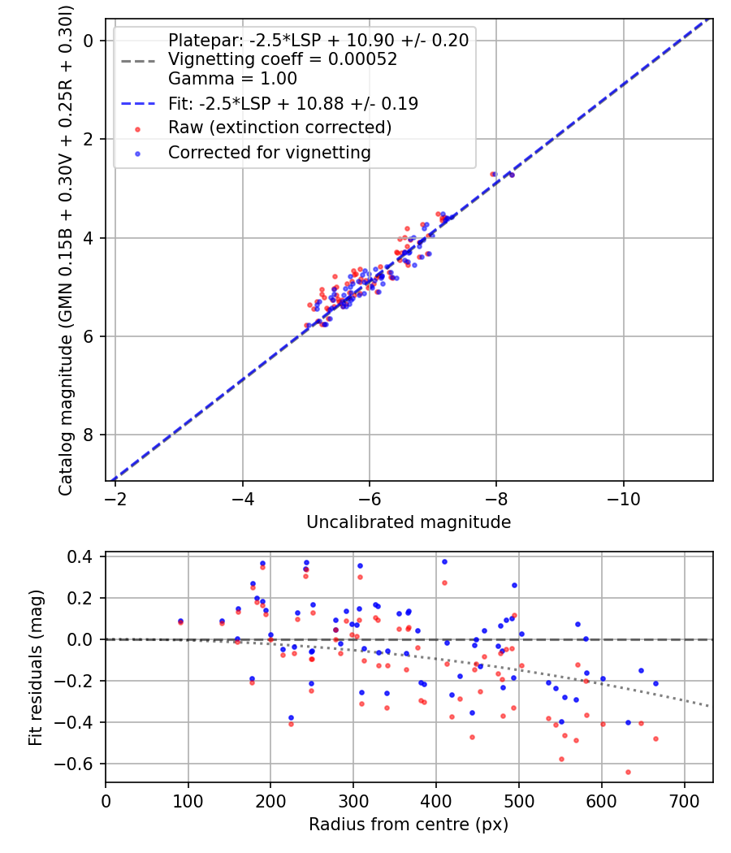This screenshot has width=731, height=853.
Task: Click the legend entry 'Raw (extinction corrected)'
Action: [x=279, y=128]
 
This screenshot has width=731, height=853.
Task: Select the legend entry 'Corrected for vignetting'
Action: [x=269, y=153]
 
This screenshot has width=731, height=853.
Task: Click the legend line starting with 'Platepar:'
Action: [x=318, y=41]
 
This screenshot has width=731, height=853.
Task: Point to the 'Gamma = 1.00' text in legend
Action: [x=232, y=80]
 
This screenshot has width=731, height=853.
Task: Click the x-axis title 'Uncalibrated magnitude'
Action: [x=409, y=522]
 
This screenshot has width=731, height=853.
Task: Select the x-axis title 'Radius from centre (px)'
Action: [x=409, y=825]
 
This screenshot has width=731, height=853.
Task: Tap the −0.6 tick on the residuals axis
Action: [x=81, y=764]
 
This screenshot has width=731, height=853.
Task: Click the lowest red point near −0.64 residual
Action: [x=628, y=772]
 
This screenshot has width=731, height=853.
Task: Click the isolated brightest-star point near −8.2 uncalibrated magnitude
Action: [x=511, y=175]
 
